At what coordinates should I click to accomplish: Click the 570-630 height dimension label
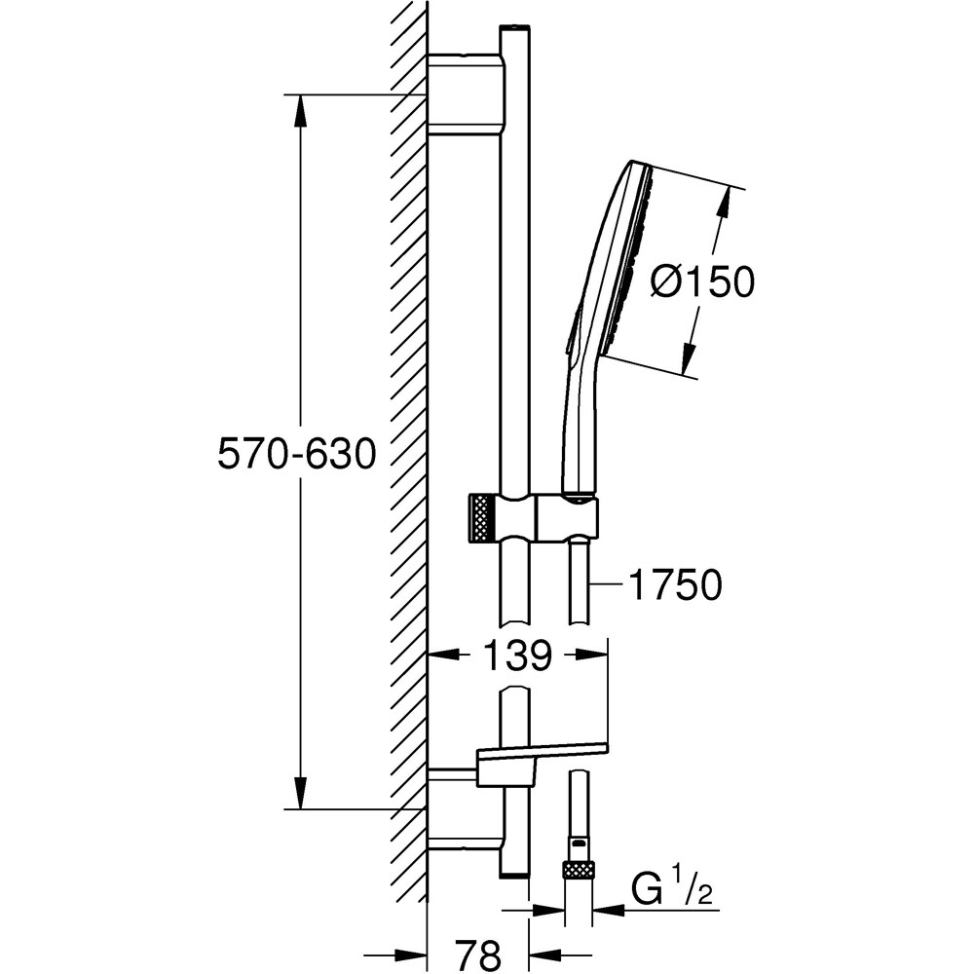pyautogui.click(x=296, y=455)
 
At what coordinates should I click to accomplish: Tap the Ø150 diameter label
pyautogui.click(x=702, y=283)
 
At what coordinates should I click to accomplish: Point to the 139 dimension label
pyautogui.click(x=515, y=656)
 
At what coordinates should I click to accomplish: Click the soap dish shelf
pyautogui.click(x=541, y=751)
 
